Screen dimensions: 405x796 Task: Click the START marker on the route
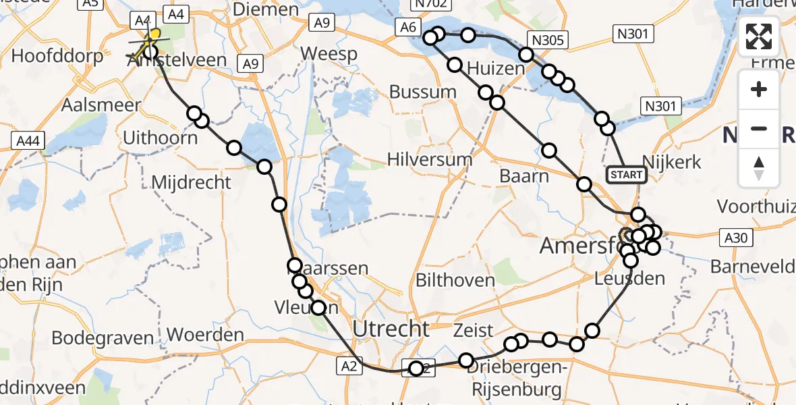(627, 175)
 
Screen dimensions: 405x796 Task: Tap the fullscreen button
(759, 36)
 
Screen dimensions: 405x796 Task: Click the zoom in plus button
(759, 89)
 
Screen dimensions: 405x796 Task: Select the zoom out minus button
(759, 128)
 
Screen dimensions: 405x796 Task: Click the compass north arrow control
(759, 167)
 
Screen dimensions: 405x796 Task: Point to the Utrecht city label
(391, 329)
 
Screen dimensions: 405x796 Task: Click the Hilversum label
(430, 160)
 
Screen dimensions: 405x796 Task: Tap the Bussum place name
(423, 92)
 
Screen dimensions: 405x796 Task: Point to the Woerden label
(205, 335)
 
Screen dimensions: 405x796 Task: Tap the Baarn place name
(524, 176)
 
